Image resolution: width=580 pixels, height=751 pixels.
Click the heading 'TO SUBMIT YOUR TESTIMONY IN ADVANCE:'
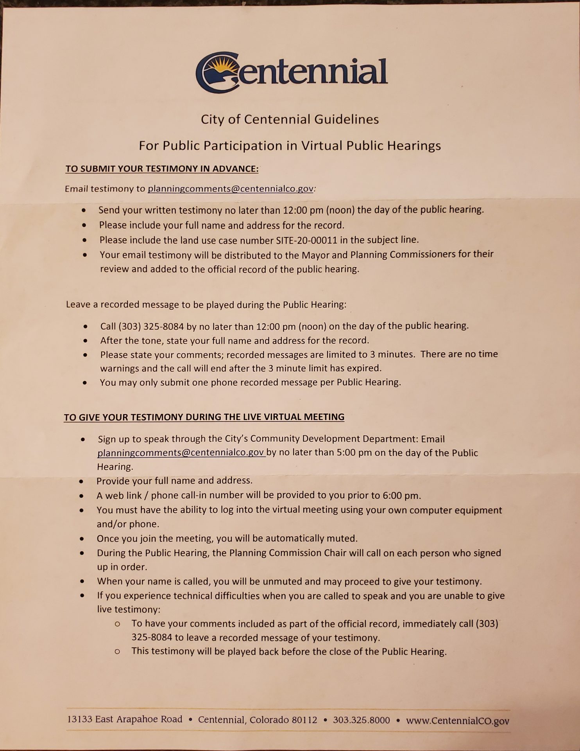tap(162, 169)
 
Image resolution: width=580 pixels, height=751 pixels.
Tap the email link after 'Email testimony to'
tap(230, 189)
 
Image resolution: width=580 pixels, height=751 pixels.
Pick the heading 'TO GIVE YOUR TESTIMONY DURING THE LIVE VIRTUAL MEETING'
tap(204, 417)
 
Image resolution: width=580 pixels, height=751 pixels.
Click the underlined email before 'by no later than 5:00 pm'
tap(181, 453)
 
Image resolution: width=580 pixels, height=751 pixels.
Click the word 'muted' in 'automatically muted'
tap(343, 539)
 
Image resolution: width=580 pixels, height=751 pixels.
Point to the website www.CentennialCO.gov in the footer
tap(458, 720)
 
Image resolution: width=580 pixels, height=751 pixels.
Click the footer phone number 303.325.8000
tap(361, 720)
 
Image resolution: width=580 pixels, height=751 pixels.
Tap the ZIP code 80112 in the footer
tap(304, 720)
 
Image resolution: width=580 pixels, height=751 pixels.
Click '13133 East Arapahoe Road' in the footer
tap(125, 719)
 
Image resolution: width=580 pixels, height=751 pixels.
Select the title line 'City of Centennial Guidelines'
tap(290, 119)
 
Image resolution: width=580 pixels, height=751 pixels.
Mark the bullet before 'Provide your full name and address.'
tap(81, 481)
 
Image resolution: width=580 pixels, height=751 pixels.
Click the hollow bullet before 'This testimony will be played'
tap(117, 652)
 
